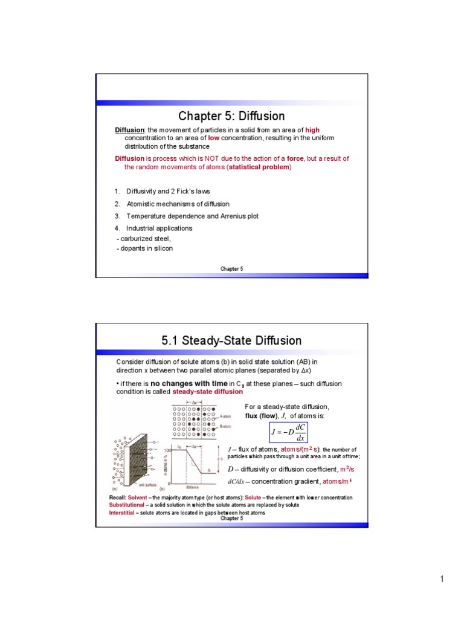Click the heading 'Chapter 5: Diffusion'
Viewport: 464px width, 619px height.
[x=231, y=115]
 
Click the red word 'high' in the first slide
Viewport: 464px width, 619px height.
[x=312, y=130]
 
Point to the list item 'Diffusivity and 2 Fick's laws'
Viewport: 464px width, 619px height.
[x=168, y=192]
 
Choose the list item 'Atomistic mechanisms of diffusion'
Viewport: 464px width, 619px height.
[x=178, y=204]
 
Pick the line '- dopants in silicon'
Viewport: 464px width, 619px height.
[x=144, y=248]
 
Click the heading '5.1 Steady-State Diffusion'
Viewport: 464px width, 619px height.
[x=231, y=341]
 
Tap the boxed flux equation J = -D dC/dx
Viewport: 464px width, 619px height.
[x=288, y=432]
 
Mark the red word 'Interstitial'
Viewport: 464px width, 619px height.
[x=121, y=513]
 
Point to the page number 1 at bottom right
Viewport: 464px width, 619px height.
[x=442, y=580]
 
